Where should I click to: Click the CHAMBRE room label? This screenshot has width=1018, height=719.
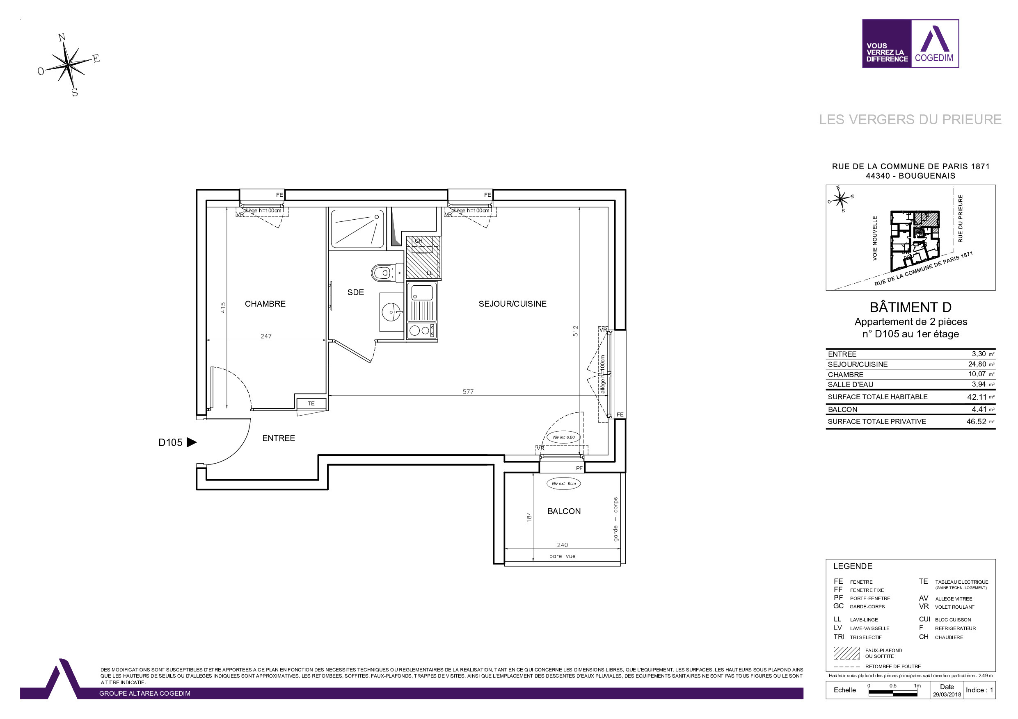265,304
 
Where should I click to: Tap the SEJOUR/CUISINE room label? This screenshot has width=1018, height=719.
512,304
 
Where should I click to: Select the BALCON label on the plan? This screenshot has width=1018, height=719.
563,511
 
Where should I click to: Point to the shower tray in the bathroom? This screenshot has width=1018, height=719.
357,229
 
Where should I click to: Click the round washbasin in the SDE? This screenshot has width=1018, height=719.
391,312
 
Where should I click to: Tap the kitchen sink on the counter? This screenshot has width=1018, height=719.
422,293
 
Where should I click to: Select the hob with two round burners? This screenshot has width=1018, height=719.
422,330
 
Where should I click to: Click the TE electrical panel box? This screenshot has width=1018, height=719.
311,404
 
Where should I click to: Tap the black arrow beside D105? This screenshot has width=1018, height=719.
191,442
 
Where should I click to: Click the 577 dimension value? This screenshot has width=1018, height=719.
468,391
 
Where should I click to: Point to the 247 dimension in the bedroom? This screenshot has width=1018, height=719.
266,336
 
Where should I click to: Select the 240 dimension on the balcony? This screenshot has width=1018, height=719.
562,545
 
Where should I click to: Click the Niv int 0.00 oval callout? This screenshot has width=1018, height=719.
563,437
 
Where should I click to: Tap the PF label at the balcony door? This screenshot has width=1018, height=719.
579,468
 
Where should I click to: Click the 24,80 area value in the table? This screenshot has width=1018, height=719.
977,364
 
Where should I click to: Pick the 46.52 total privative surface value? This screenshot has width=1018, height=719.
976,422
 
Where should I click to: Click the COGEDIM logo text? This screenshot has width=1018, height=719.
934,58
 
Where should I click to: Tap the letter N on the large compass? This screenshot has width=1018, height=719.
62,38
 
